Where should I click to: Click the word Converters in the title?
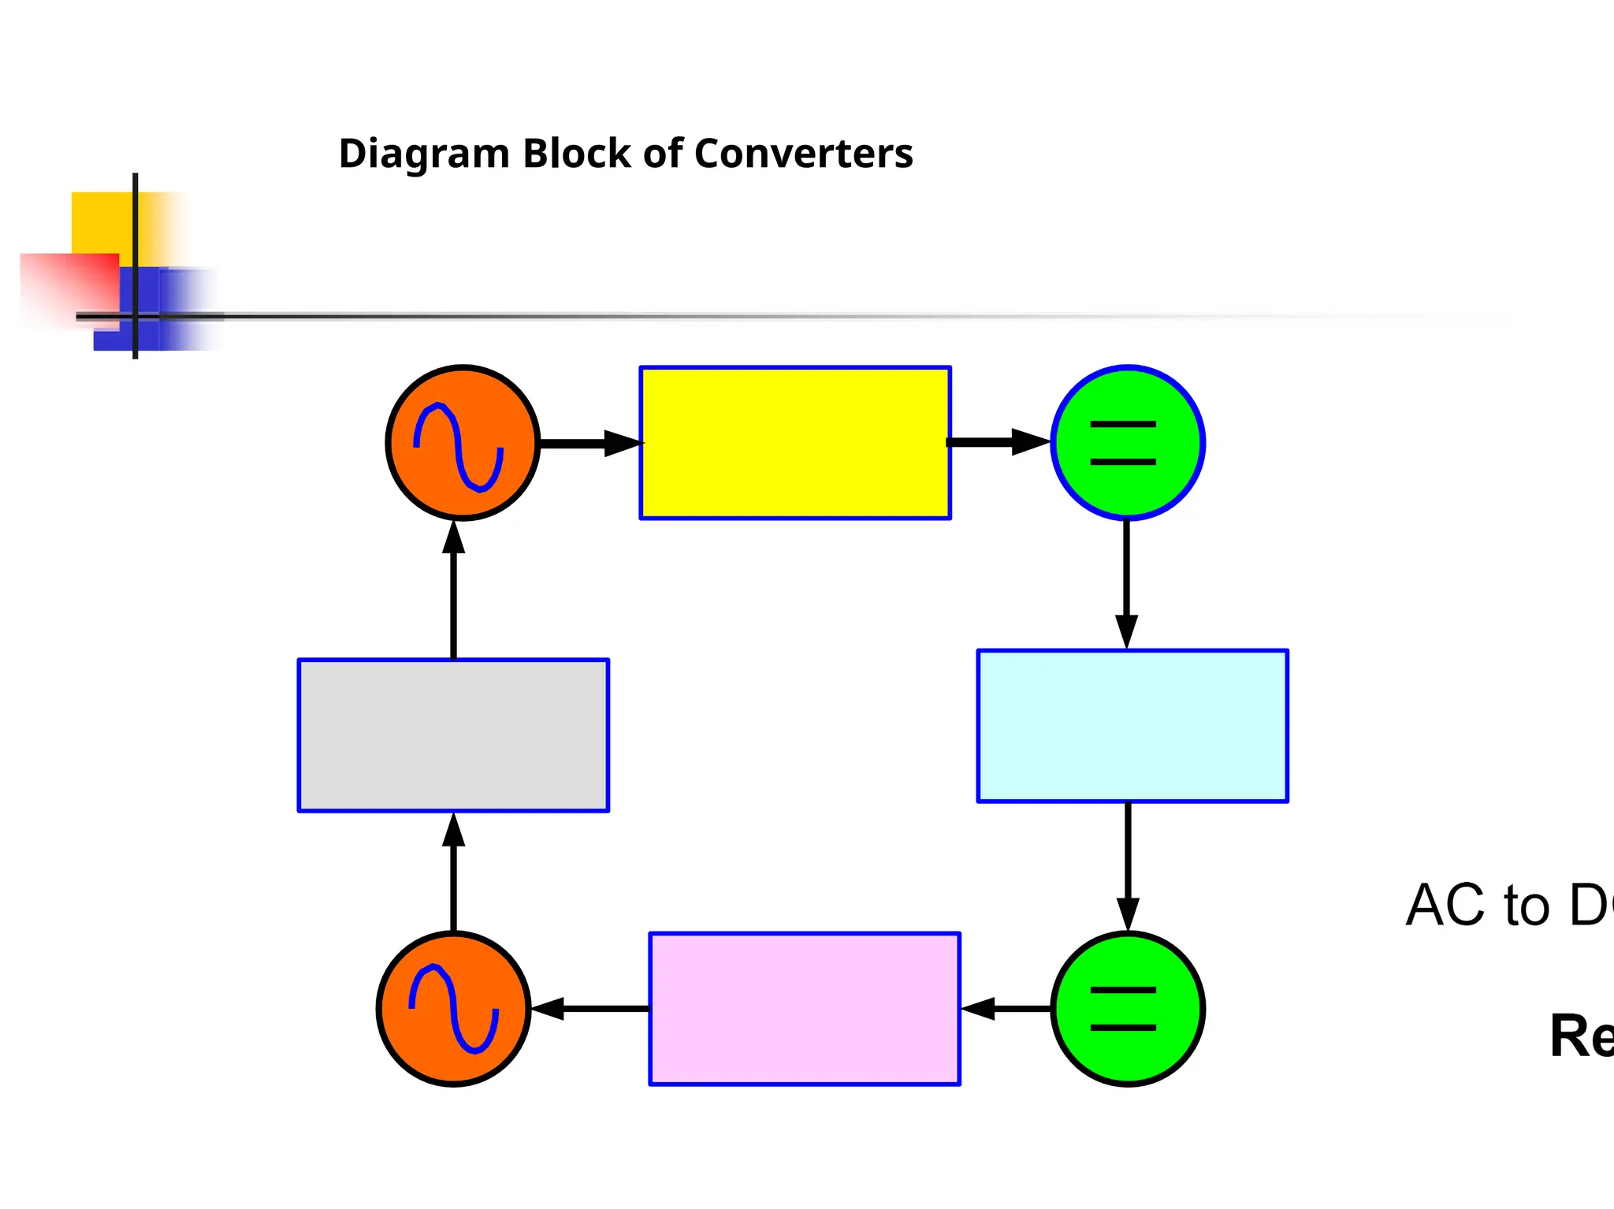[803, 154]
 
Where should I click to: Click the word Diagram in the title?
[424, 154]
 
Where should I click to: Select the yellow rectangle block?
[794, 442]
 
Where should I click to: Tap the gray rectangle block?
[453, 735]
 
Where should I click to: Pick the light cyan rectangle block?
[1132, 726]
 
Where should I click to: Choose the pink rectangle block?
[804, 1008]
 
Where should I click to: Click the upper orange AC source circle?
[463, 442]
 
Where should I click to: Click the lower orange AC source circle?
[453, 1008]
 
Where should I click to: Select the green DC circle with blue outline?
[1127, 442]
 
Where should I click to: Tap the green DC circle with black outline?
[1127, 1008]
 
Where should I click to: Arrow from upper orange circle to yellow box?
[589, 443]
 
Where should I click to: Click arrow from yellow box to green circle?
[999, 442]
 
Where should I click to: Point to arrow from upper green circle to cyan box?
[1126, 583]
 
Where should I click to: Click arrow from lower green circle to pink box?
[1006, 1008]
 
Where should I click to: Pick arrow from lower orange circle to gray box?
[453, 872]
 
